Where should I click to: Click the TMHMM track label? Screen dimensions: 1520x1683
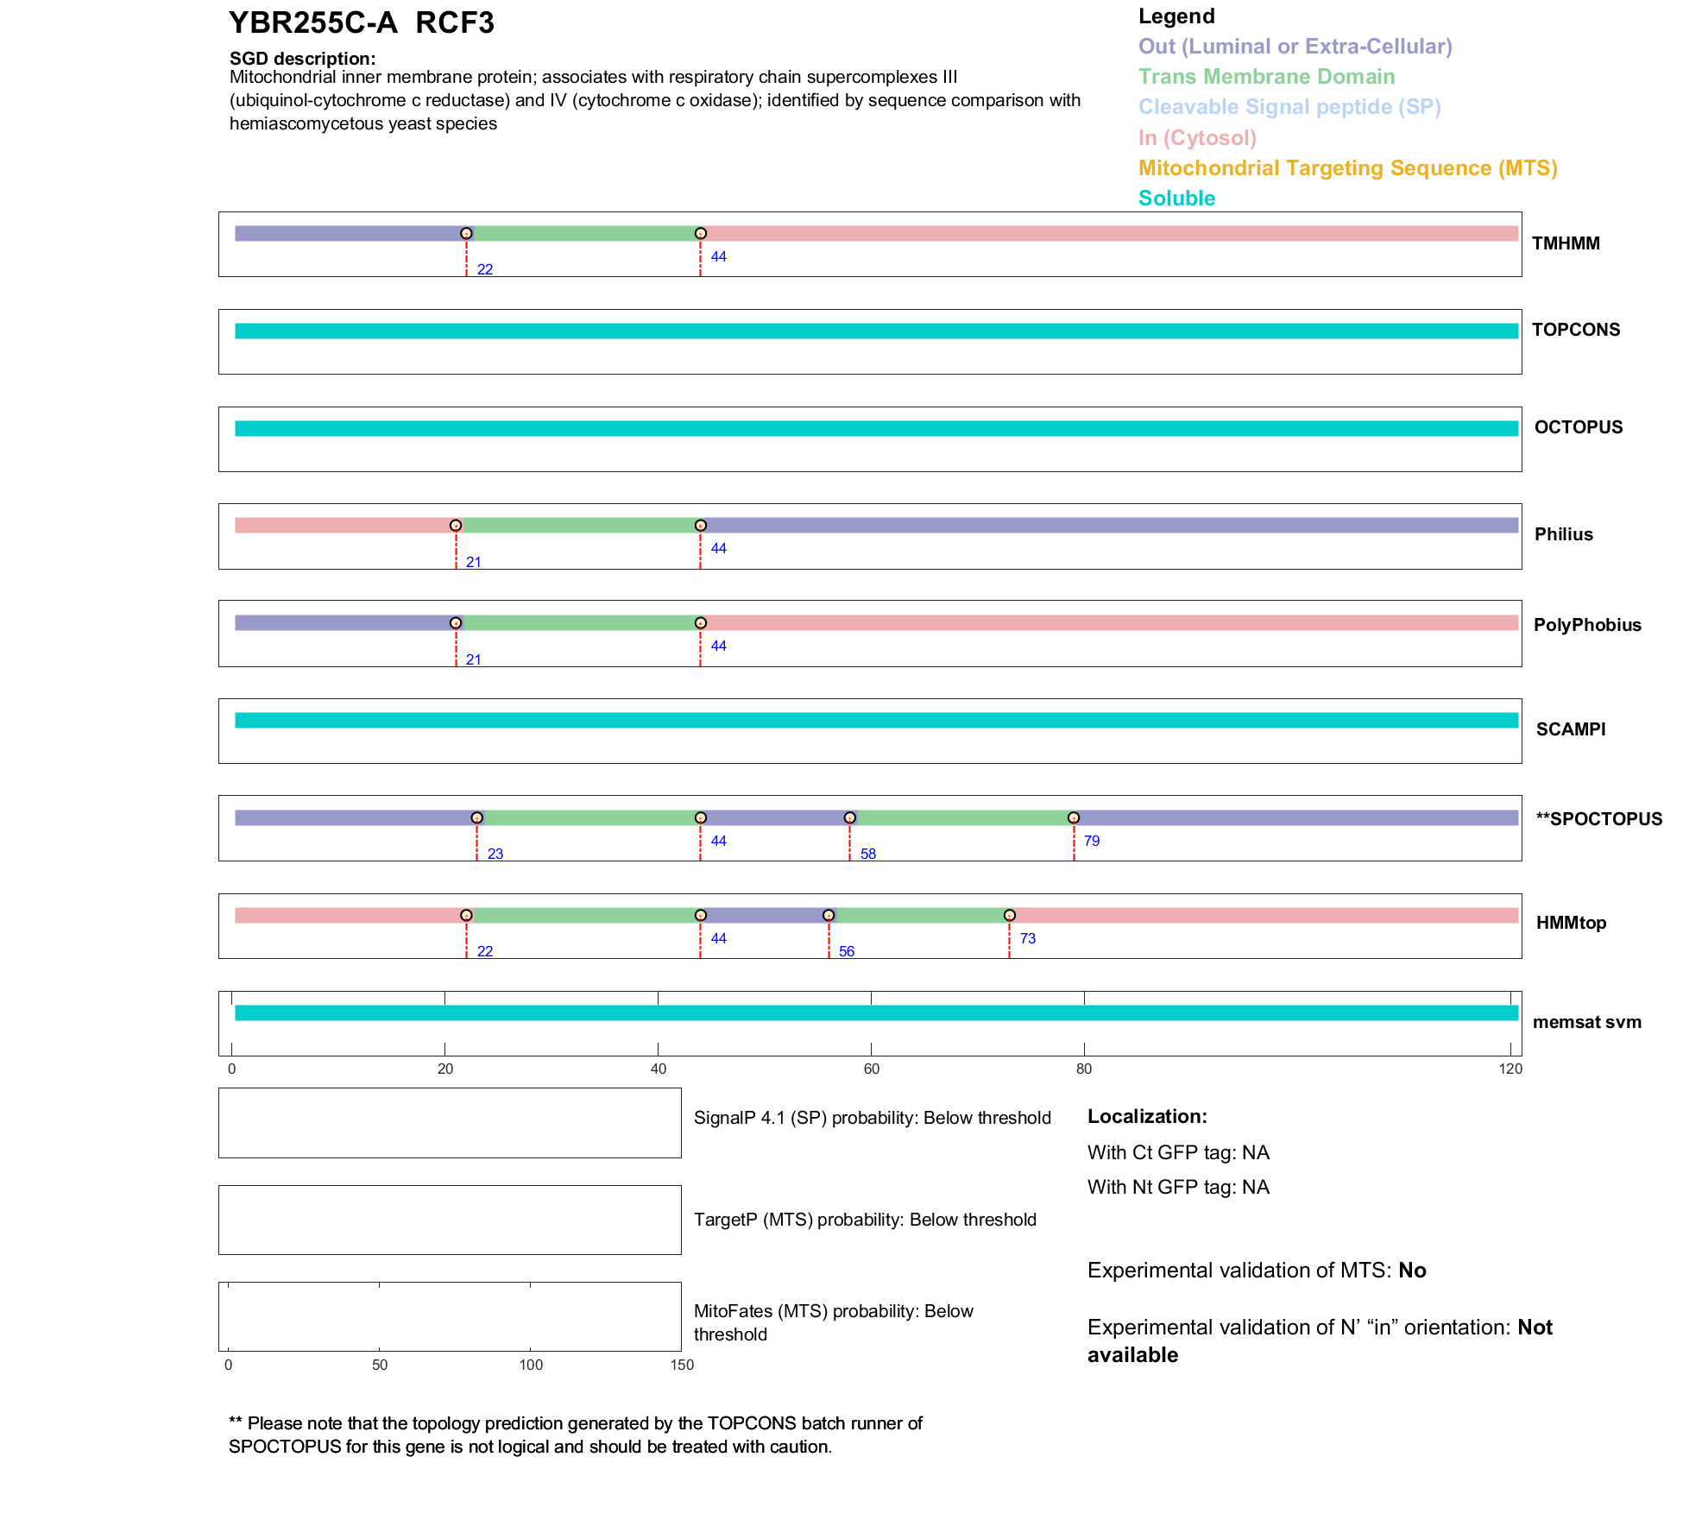coord(1565,243)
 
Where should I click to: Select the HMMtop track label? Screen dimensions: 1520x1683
coord(1571,923)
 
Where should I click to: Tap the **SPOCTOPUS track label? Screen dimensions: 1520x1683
coord(1598,819)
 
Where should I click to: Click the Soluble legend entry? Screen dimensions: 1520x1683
coord(1176,199)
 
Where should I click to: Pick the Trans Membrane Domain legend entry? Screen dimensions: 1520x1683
coord(1266,77)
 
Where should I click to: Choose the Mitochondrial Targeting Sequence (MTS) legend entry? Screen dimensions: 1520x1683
coord(1347,168)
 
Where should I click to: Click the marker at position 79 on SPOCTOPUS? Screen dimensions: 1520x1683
coord(1074,817)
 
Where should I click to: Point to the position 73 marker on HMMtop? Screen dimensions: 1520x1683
coord(1010,915)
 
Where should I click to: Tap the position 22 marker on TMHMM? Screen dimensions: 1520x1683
coord(466,233)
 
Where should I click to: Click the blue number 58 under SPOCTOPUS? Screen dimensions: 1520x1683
coord(868,854)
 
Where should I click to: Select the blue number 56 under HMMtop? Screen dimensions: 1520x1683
coord(847,951)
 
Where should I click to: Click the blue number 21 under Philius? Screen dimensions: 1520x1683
coord(474,562)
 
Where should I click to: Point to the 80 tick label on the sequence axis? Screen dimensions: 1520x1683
coord(1084,1069)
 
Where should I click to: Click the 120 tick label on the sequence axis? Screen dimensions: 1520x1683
coord(1510,1069)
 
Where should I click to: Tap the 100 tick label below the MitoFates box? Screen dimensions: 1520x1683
coord(531,1365)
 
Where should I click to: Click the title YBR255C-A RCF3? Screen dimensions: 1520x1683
coord(361,23)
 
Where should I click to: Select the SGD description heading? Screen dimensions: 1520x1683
coord(302,59)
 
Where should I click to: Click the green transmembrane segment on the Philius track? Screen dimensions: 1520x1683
coord(578,526)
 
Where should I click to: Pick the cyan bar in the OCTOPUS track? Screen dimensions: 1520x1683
coord(876,428)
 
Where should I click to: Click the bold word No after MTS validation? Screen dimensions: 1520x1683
coord(1412,1271)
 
